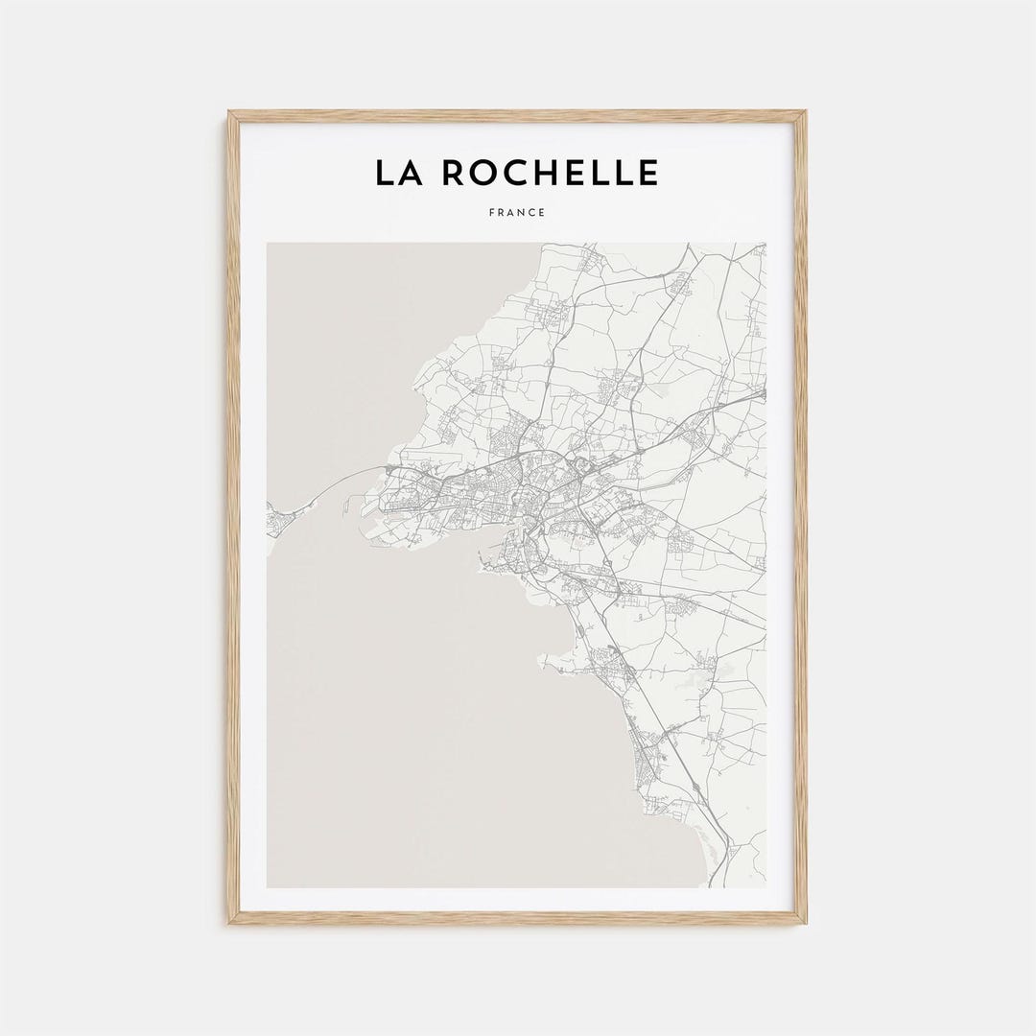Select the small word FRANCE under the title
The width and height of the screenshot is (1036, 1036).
(x=516, y=212)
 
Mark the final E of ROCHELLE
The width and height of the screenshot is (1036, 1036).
(x=647, y=174)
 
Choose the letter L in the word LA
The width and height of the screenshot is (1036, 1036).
(x=384, y=174)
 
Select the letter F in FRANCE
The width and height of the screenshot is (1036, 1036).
(x=491, y=212)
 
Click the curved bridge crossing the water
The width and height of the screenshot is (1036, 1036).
(x=331, y=484)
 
